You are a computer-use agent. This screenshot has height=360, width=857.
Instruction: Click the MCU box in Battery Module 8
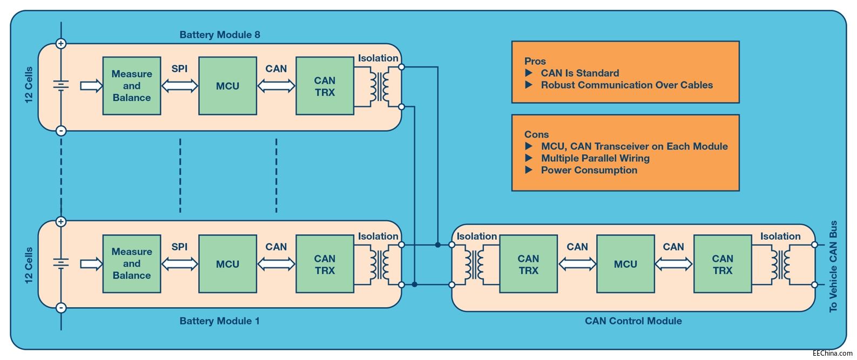point(227,86)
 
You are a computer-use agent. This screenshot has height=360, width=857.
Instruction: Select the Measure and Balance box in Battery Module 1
point(132,263)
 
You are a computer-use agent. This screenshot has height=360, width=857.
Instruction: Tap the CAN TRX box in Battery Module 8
point(325,86)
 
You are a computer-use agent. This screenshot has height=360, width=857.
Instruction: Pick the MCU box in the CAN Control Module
point(625,264)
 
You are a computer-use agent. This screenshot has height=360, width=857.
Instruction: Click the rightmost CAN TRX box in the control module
point(722,264)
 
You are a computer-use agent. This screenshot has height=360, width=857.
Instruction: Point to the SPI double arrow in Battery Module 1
point(180,264)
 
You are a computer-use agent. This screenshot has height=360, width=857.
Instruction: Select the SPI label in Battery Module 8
point(179,69)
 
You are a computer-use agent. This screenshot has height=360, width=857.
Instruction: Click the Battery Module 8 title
point(219,35)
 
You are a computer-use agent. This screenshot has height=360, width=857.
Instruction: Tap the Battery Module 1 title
point(219,321)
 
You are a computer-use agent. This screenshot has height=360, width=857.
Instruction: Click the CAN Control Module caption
point(633,321)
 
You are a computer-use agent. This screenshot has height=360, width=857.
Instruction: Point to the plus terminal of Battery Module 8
point(61,44)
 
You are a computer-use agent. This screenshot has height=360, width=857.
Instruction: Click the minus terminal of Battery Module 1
point(61,308)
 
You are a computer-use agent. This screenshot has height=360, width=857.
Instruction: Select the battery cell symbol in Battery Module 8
point(61,85)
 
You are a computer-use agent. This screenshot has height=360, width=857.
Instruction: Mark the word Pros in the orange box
point(535,61)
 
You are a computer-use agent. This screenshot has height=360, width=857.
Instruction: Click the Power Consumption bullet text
point(589,170)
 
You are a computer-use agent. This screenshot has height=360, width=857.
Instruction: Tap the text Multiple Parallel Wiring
point(595,158)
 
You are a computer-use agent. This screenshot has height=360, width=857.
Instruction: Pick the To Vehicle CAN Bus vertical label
point(833,266)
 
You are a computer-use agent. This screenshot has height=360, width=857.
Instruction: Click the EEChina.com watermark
point(832,353)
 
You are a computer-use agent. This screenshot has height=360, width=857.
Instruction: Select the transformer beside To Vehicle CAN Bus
point(780,264)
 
